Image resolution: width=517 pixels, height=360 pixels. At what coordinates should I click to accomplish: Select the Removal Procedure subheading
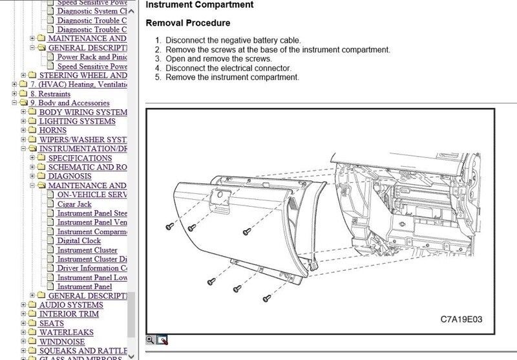point(187,23)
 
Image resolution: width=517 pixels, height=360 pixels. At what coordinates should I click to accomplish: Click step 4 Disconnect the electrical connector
point(228,68)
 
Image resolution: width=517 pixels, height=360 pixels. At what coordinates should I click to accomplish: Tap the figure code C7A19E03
point(461,319)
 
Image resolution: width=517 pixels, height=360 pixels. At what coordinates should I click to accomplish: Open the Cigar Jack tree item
point(74,204)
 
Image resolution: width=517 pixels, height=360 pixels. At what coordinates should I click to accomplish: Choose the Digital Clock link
point(79,240)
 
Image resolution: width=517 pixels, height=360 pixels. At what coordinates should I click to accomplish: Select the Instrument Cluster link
point(87,250)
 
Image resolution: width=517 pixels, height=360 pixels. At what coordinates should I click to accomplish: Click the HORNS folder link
point(53,130)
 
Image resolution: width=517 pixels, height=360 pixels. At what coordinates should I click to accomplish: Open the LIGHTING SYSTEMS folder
point(77,121)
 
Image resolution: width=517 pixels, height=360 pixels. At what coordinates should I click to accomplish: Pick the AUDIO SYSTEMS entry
point(71,304)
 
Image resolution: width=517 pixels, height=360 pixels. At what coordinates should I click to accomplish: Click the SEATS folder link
point(52,323)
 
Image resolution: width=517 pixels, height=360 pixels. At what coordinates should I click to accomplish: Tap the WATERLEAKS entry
point(66,332)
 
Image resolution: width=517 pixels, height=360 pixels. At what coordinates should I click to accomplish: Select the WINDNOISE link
point(62,342)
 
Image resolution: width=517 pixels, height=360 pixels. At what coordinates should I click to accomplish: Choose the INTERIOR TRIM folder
point(69,314)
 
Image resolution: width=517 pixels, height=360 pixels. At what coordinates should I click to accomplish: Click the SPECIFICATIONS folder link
point(80,158)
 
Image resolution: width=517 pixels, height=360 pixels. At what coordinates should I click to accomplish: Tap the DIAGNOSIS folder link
point(70,176)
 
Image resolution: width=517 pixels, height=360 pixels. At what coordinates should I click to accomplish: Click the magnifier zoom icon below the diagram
point(151,340)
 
